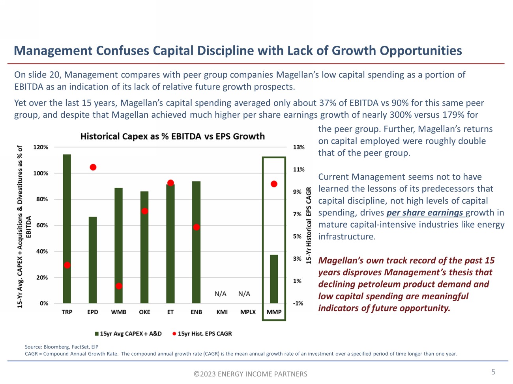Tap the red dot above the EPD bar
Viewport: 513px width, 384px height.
(93, 167)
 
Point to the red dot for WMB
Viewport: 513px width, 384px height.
(119, 286)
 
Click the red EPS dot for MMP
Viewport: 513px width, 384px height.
(274, 184)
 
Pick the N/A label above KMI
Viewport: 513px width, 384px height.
(221, 294)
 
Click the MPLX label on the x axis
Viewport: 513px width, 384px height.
(248, 312)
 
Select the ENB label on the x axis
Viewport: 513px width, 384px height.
(196, 312)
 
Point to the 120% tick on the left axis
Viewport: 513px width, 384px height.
(41, 147)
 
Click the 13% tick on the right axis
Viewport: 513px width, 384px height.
(299, 147)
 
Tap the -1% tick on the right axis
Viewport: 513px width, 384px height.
(298, 303)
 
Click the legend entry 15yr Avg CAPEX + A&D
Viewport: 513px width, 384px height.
(128, 334)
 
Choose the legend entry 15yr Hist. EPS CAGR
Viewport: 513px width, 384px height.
(202, 334)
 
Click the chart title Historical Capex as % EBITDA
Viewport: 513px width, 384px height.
(172, 136)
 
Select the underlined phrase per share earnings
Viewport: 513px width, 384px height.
(425, 213)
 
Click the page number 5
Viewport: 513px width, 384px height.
(493, 372)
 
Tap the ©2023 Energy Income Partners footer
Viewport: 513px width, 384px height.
(250, 374)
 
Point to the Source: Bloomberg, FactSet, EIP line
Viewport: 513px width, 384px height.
(62, 347)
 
